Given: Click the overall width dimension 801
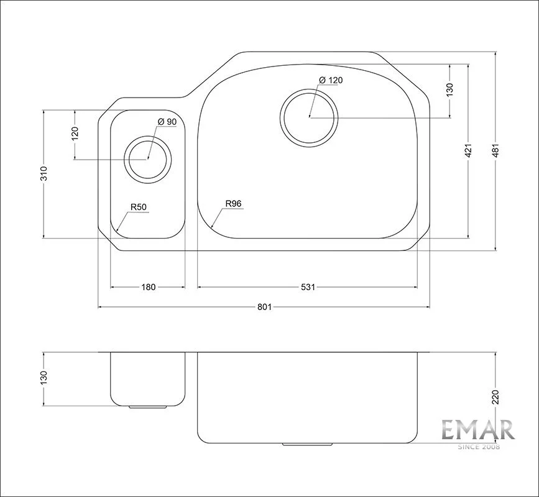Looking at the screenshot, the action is [264, 307].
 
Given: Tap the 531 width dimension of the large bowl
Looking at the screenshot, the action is [308, 287].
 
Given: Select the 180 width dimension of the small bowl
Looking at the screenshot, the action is [149, 287].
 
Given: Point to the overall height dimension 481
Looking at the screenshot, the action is [495, 150].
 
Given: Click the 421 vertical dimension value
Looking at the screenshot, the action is [468, 151].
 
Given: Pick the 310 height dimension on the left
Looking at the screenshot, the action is [44, 173].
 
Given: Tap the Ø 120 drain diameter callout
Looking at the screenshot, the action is [331, 80].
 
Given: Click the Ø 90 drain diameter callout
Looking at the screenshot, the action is [167, 122].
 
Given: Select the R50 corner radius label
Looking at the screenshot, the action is [139, 207].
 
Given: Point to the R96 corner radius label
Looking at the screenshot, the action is [233, 203].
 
